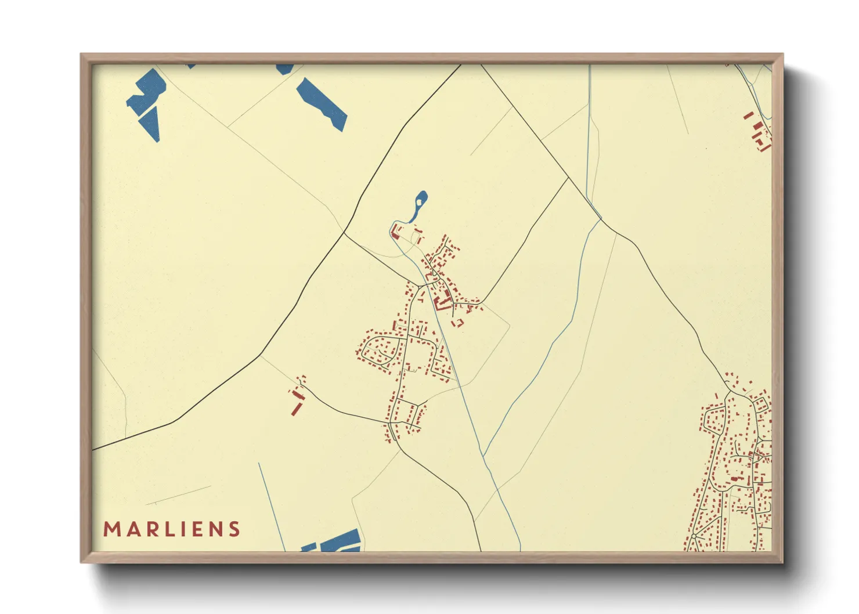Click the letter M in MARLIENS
(111, 529)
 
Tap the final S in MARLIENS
(234, 529)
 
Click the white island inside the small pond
(418, 203)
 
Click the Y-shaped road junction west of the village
(344, 233)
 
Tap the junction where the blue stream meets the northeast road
(601, 219)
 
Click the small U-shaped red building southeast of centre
(458, 322)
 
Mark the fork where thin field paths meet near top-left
(228, 127)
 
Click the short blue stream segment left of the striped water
(272, 505)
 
